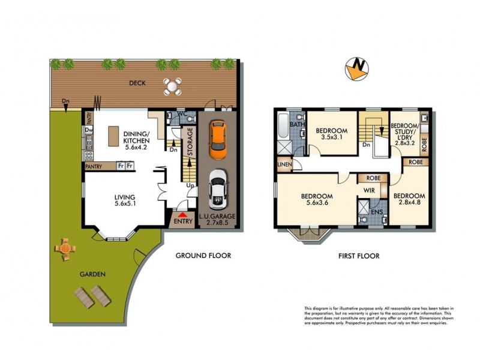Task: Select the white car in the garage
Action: click(x=218, y=188)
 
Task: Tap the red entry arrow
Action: click(x=182, y=215)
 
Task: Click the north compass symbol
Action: click(x=359, y=69)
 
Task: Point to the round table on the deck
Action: click(x=173, y=86)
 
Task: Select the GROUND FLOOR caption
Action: click(x=203, y=256)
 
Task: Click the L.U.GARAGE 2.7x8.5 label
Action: click(x=219, y=219)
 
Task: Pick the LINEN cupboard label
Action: click(x=284, y=164)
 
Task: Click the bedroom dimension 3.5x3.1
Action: click(x=331, y=137)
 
